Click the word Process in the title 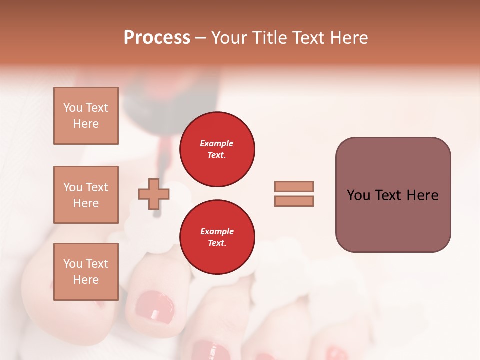pyautogui.click(x=157, y=38)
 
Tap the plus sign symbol pyautogui.click(x=154, y=194)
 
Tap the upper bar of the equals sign pyautogui.click(x=294, y=186)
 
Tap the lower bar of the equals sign pyautogui.click(x=294, y=201)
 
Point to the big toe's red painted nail pyautogui.click(x=155, y=308)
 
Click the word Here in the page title pyautogui.click(x=348, y=38)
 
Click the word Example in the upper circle pyautogui.click(x=217, y=143)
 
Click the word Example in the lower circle pyautogui.click(x=217, y=231)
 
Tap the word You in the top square pyautogui.click(x=72, y=108)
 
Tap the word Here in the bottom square pyautogui.click(x=86, y=280)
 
